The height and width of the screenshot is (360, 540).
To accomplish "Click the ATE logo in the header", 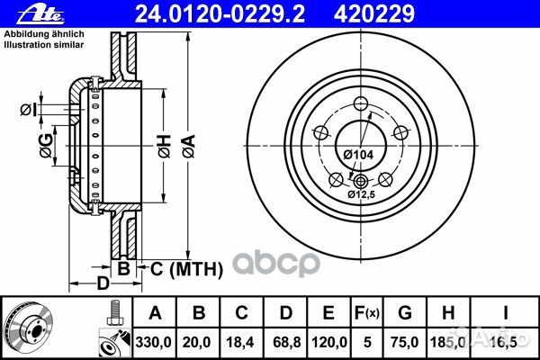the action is pos(40,14).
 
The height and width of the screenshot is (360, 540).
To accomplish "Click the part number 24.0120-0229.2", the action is pos(220,14).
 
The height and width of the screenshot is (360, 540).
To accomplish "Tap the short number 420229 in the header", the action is pos(374,14).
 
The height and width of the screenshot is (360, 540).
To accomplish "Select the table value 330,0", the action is pos(154,342).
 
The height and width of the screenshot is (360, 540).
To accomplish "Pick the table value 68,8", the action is pos(286,342).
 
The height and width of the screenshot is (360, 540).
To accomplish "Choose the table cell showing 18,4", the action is pos(239,342).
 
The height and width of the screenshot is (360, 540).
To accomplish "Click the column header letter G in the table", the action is pos(405,313).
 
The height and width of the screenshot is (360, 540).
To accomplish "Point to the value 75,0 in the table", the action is pos(404,342).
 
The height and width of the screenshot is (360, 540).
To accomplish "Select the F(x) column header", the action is pos(367,313).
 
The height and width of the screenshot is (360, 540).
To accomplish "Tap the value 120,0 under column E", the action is pos(329,342).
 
